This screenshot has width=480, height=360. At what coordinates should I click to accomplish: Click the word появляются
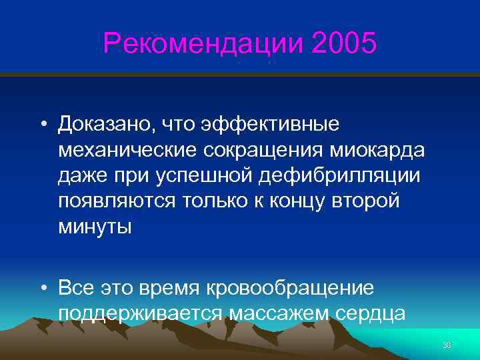[x=117, y=201]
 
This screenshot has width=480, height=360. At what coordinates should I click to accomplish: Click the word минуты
[x=95, y=227]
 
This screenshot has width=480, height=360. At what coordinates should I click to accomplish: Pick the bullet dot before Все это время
[x=43, y=289]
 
